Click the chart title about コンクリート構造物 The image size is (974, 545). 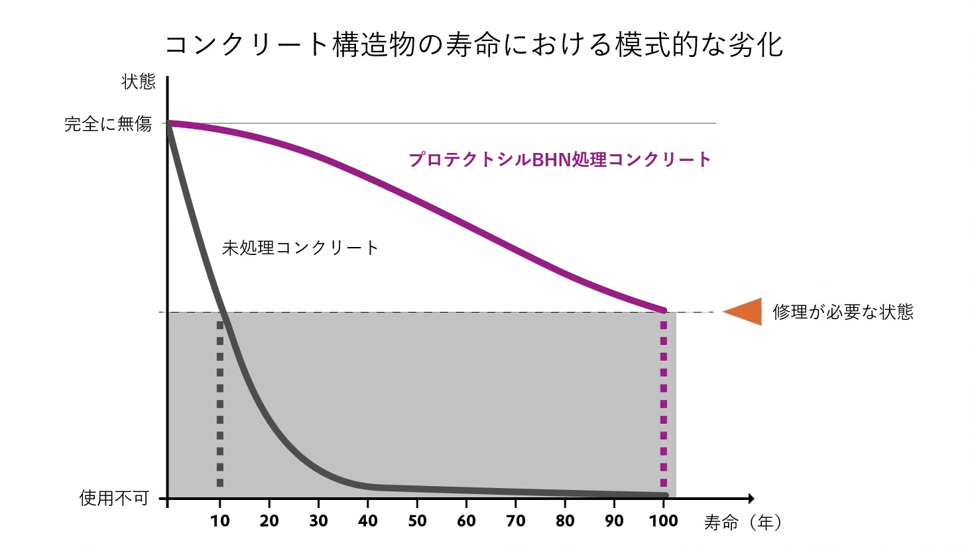pos(473,45)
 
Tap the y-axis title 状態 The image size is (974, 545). pos(139,82)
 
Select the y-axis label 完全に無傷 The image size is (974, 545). pos(108,124)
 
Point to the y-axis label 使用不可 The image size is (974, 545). pos(114,498)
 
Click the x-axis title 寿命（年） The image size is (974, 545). pos(743,523)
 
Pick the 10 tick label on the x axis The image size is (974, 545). pos(220,521)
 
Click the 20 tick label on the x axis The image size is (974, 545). pos(269,521)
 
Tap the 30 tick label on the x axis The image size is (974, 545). pos(318,521)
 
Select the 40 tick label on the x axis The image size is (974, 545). pos(368,521)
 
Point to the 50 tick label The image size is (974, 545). pos(417,521)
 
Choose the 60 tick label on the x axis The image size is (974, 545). pos(466,521)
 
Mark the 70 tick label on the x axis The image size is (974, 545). pos(516,521)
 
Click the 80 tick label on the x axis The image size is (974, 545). pos(565,521)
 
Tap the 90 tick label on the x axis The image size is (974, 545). pos(614,521)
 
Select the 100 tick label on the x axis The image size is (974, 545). pos(664,521)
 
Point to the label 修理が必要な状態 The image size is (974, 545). pos(843,312)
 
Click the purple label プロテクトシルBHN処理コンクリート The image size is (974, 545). pos(560,160)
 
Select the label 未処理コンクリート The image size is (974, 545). pos(300,248)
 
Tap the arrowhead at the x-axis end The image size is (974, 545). pos(750,498)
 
